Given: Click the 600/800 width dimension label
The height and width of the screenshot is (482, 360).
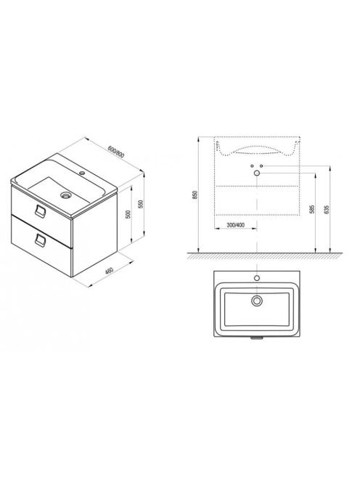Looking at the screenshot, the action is (116, 152).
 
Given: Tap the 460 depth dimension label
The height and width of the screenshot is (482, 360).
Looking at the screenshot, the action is (109, 271).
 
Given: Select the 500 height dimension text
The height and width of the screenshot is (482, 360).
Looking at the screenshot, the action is (128, 214).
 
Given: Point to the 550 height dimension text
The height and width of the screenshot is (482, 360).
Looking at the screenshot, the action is (141, 204).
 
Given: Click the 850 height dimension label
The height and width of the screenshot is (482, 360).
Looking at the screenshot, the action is (195, 195).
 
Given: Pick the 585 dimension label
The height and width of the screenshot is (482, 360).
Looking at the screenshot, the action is (312, 209).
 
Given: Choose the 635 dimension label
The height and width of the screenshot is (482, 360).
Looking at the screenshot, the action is (327, 209).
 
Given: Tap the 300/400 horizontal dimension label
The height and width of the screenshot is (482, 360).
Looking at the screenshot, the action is (235, 225).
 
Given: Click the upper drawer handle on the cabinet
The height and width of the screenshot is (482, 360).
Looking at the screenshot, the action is (40, 211).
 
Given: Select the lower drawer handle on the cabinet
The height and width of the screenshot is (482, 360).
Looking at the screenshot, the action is (40, 240).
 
